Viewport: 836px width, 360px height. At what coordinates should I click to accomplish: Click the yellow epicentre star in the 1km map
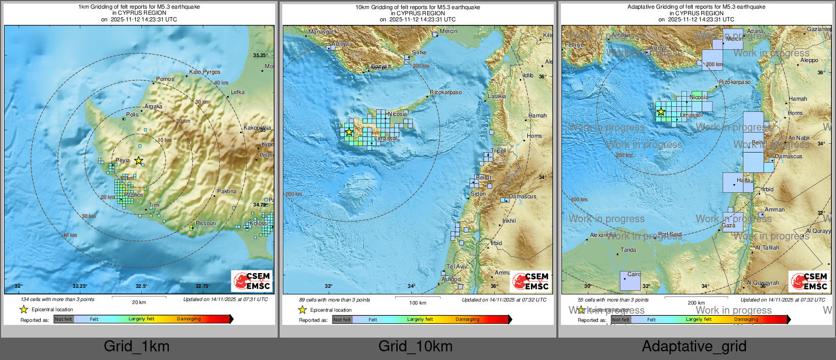(138, 161)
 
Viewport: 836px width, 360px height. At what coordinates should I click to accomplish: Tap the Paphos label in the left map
(134, 195)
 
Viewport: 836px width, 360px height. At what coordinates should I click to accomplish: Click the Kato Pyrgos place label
(204, 72)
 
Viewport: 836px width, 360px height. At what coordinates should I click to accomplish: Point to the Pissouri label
(205, 223)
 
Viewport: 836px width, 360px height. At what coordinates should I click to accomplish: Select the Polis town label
(132, 114)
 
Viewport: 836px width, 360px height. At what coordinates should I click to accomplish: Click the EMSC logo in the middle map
(531, 281)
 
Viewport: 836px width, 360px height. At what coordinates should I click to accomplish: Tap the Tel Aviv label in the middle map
(457, 266)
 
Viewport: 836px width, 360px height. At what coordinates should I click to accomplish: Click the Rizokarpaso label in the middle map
(445, 93)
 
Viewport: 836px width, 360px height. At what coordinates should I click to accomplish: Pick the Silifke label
(419, 52)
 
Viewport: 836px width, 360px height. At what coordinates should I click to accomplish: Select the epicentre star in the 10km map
(349, 132)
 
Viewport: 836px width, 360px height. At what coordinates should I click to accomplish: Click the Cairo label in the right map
(634, 274)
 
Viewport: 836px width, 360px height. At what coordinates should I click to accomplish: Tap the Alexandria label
(603, 235)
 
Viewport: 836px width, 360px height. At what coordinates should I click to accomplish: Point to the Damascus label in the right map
(788, 156)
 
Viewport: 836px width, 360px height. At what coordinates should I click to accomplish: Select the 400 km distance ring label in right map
(578, 199)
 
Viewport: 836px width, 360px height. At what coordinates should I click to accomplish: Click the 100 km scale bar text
(417, 303)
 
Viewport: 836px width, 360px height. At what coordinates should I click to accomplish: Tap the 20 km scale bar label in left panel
(139, 302)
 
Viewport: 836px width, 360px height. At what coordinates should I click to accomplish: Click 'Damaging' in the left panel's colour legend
(189, 319)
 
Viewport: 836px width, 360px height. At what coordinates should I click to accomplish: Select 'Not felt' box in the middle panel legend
(342, 320)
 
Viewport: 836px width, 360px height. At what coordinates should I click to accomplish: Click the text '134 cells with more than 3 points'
(57, 299)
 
